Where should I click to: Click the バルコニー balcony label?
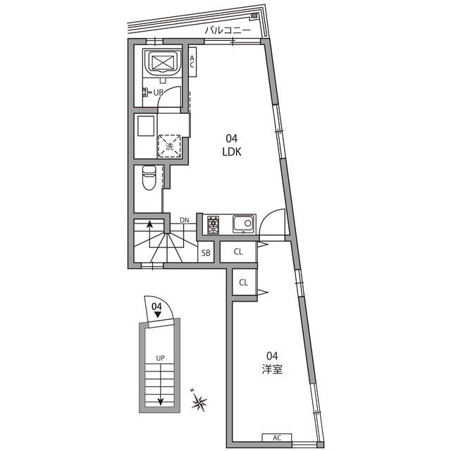228,30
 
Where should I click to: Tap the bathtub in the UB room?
163,63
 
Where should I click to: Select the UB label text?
159,92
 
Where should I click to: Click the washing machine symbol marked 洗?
169,146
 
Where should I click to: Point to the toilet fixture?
149,178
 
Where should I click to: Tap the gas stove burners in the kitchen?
213,224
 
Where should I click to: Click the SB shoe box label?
206,253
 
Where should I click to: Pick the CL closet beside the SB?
238,252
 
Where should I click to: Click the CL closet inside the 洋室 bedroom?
244,283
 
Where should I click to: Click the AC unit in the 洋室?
277,438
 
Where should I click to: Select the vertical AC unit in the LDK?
192,62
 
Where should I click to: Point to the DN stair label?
185,221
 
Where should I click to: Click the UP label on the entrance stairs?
160,358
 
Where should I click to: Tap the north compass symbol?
199,401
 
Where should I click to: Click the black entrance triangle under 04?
157,314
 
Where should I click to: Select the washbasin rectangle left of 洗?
146,125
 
